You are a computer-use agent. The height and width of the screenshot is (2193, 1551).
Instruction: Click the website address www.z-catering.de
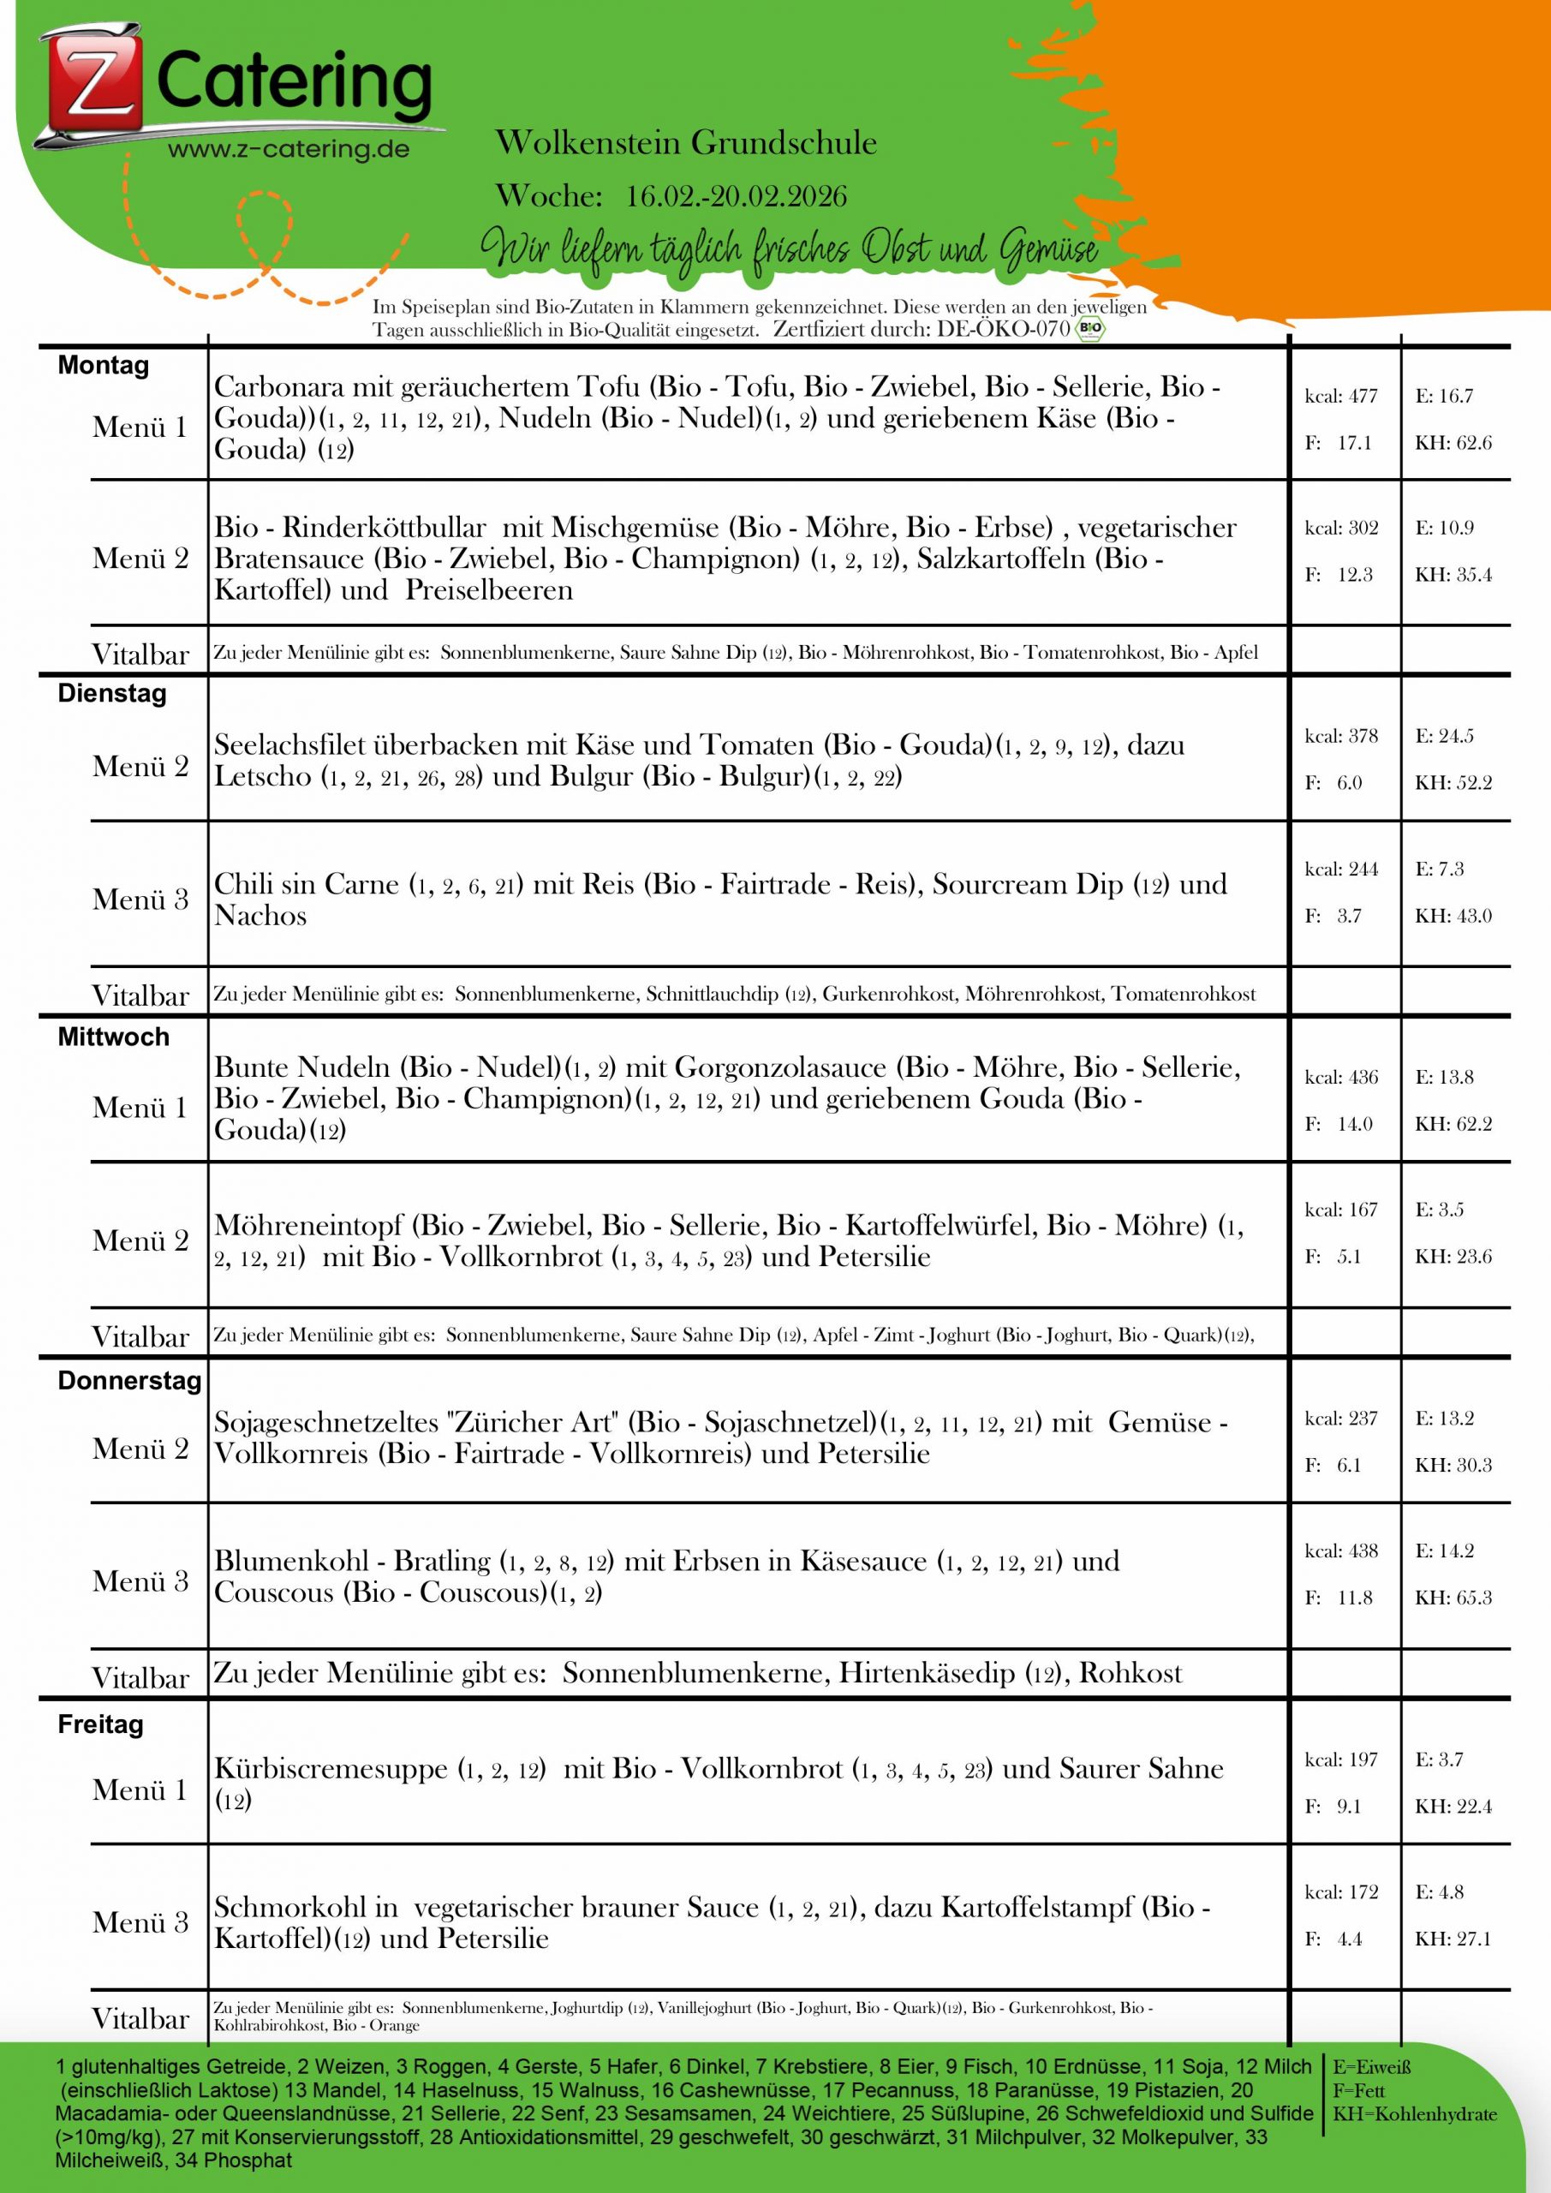pyautogui.click(x=289, y=150)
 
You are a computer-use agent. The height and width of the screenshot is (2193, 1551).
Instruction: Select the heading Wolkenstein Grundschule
pyautogui.click(x=686, y=143)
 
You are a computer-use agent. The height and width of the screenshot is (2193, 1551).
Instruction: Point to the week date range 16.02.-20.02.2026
pyautogui.click(x=737, y=197)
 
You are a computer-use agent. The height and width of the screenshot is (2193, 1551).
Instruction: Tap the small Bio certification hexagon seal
pyautogui.click(x=1089, y=330)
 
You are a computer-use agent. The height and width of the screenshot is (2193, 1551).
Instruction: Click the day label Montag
pyautogui.click(x=103, y=366)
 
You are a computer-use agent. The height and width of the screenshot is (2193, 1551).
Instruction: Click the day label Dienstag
pyautogui.click(x=111, y=693)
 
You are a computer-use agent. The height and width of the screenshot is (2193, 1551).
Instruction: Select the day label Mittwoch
pyautogui.click(x=114, y=1037)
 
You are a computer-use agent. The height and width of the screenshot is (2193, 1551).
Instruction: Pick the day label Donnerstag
pyautogui.click(x=130, y=1380)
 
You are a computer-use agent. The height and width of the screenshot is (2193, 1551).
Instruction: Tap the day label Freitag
pyautogui.click(x=100, y=1725)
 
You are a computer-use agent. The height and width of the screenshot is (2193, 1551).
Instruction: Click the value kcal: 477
pyautogui.click(x=1341, y=397)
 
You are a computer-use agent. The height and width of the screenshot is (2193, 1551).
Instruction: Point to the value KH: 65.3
pyautogui.click(x=1453, y=1597)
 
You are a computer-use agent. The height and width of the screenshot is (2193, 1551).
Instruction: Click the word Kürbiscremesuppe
pyautogui.click(x=331, y=1769)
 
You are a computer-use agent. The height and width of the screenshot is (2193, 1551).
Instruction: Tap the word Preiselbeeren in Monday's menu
pyautogui.click(x=489, y=590)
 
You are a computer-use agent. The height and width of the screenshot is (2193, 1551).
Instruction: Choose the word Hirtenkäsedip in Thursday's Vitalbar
pyautogui.click(x=927, y=1673)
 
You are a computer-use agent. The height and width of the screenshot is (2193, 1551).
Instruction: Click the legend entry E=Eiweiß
pyautogui.click(x=1371, y=2068)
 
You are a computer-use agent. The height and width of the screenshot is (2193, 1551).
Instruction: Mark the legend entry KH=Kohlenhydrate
pyautogui.click(x=1415, y=2113)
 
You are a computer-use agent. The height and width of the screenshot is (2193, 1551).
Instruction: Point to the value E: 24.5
pyautogui.click(x=1444, y=737)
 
